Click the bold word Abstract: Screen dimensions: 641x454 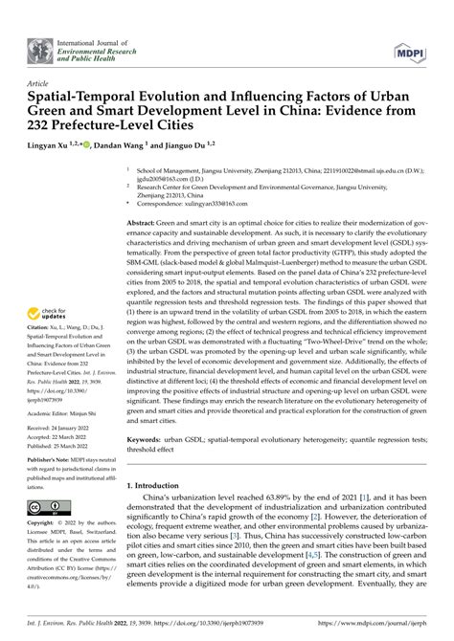tap(147, 222)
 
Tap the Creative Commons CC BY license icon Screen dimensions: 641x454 tap(48, 507)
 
